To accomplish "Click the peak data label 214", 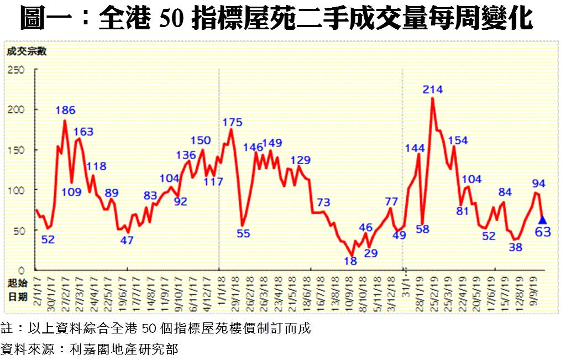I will pos(432,90).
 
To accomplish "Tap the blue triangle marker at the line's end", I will pos(542,220).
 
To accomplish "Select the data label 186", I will pos(65,109).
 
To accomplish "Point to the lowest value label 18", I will pos(350,260).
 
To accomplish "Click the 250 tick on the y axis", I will pos(16,70).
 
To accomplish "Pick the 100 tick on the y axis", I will pos(16,190).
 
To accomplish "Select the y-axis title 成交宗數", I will pos(27,52).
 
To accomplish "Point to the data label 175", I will pos(233,122).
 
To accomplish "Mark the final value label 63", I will pos(543,232).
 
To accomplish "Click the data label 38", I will pos(516,247).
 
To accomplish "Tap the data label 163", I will pos(83,132).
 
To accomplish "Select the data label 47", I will pos(127,240).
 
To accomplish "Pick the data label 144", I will pos(415,147).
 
